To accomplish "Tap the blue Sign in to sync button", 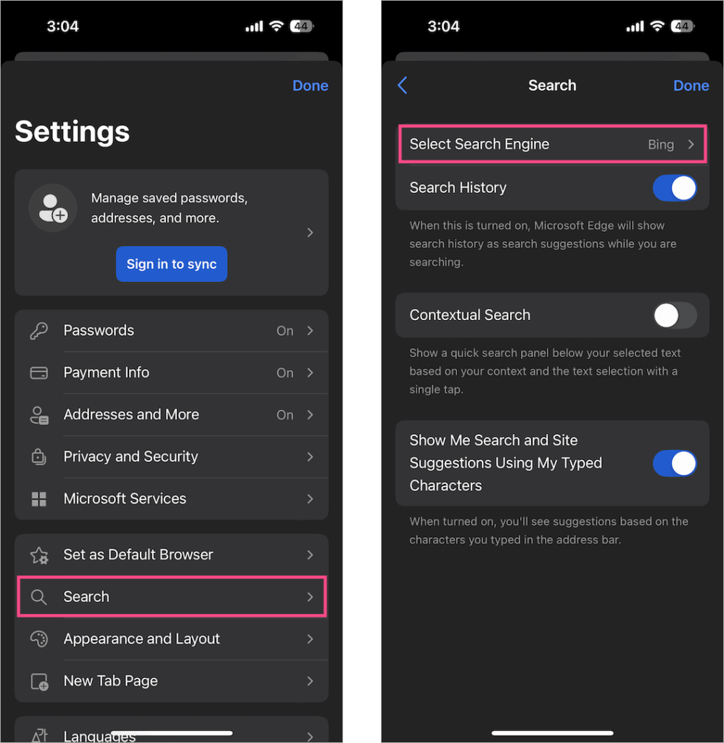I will pos(171,264).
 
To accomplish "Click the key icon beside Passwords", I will pos(38,331).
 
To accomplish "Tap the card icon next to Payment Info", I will pos(38,373).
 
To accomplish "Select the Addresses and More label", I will pos(131,414).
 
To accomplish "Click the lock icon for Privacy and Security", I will pos(38,457).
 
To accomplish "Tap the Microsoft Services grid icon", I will pos(38,499).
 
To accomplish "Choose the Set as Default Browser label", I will pos(138,554).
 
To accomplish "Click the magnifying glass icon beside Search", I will pos(38,597).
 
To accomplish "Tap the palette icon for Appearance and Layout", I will pos(38,639).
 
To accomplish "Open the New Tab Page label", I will pos(110,681).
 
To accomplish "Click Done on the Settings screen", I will pos(310,86).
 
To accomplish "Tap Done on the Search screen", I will pos(691,86).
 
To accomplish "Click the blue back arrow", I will pos(403,86).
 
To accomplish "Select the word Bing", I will pos(660,144).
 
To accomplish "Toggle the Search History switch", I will pos(674,188).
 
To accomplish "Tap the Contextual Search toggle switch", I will pos(674,316).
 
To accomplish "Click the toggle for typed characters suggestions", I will pos(674,463).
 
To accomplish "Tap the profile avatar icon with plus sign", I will pos(53,208).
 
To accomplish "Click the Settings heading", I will pos(73,132).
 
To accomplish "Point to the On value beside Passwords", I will pos(284,331).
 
